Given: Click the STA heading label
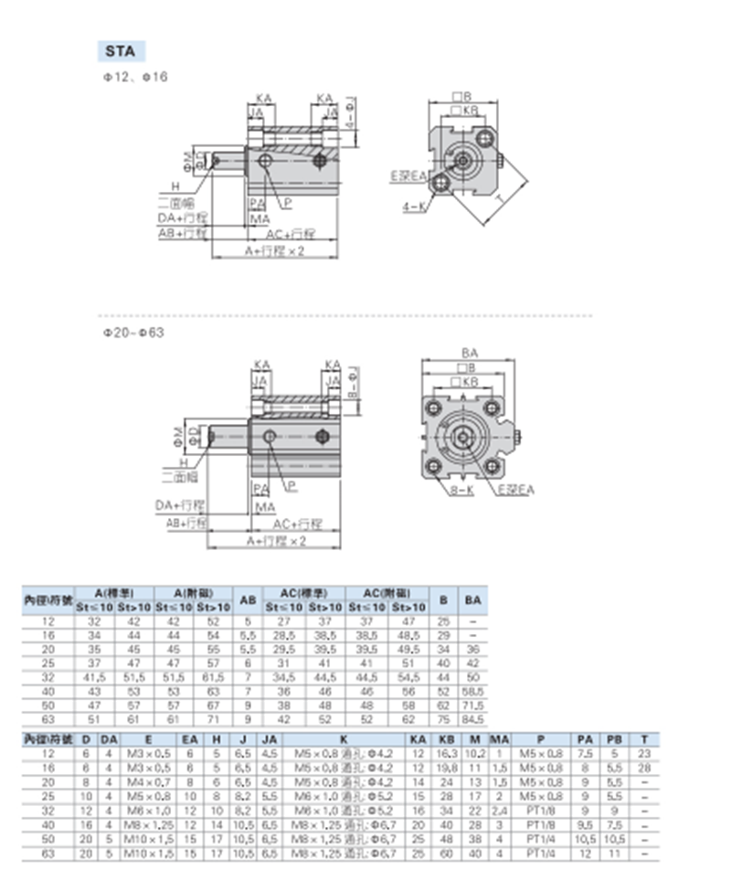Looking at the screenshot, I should coord(120,51).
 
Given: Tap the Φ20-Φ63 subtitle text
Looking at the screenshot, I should coord(132,333).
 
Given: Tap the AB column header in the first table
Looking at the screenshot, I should coord(247,600).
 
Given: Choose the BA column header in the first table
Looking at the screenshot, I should coord(472,600).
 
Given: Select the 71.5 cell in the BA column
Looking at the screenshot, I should coord(472,705).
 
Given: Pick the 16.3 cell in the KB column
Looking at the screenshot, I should coord(447,754).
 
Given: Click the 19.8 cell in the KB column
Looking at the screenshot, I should coord(447,768).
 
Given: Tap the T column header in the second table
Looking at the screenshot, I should coord(645,740).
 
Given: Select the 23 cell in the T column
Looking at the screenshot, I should coord(645,754).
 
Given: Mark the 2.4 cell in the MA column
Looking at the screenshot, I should coord(499,810).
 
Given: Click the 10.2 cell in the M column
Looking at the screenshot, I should coord(475,754).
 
